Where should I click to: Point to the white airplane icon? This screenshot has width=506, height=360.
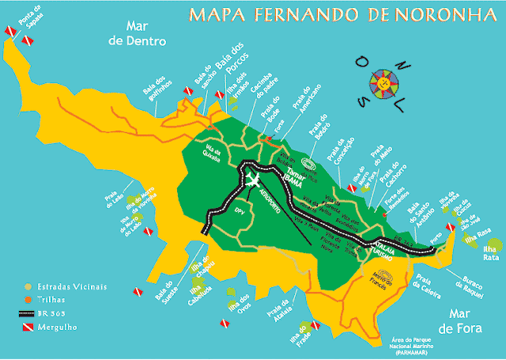click(x=253, y=180)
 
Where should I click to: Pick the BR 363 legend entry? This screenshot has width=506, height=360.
click(x=56, y=313)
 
